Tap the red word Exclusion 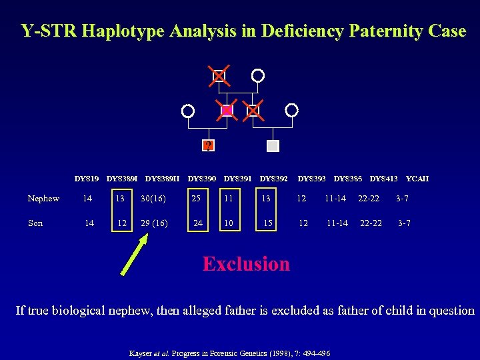click(x=246, y=264)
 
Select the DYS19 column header click(x=87, y=179)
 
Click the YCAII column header click(x=417, y=179)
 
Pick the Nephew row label click(x=43, y=199)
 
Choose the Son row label click(x=35, y=223)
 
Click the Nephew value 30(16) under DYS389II click(x=153, y=199)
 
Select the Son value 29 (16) click(x=154, y=223)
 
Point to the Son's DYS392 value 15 click(x=267, y=223)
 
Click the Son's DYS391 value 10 click(x=229, y=223)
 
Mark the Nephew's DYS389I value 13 click(x=119, y=199)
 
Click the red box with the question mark click(x=209, y=145)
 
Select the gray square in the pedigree click(x=273, y=145)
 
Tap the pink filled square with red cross click(x=227, y=110)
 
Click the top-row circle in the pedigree click(x=258, y=75)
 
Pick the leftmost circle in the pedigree click(x=189, y=110)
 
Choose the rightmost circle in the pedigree click(x=291, y=110)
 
